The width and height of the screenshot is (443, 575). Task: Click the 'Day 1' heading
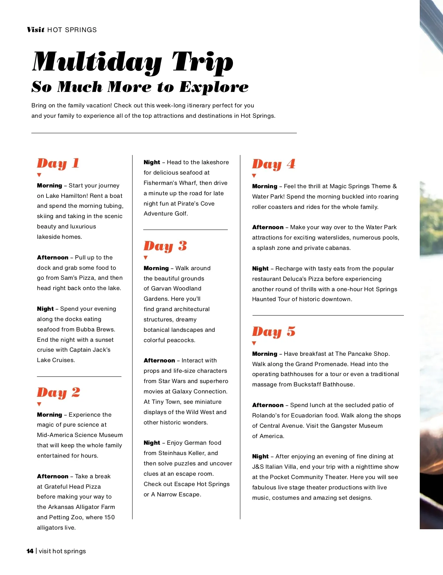(x=58, y=163)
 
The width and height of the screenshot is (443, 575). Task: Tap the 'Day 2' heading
(x=58, y=393)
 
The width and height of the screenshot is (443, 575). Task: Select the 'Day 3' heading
(x=165, y=246)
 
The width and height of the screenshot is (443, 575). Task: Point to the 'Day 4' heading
(x=274, y=164)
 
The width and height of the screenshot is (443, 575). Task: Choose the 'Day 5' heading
(x=274, y=332)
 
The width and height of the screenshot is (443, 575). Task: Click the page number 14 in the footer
(x=30, y=551)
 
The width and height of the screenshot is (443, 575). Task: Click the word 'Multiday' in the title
(x=97, y=62)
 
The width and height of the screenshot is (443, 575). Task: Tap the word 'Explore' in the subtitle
(x=214, y=87)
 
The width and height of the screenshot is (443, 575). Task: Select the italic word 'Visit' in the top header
(x=35, y=30)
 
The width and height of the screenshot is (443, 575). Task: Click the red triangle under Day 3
(x=145, y=258)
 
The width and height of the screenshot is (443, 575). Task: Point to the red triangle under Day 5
(x=254, y=343)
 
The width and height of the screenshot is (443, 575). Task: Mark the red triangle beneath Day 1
(x=39, y=175)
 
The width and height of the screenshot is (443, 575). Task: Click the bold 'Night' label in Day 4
(x=260, y=269)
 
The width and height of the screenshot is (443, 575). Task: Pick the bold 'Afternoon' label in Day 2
(x=52, y=476)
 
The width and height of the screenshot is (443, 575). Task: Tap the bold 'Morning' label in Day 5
(x=264, y=354)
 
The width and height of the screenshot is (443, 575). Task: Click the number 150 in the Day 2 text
(x=109, y=517)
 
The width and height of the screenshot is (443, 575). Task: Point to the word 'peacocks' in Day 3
(x=181, y=340)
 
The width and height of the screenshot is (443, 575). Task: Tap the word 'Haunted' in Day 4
(x=264, y=299)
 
